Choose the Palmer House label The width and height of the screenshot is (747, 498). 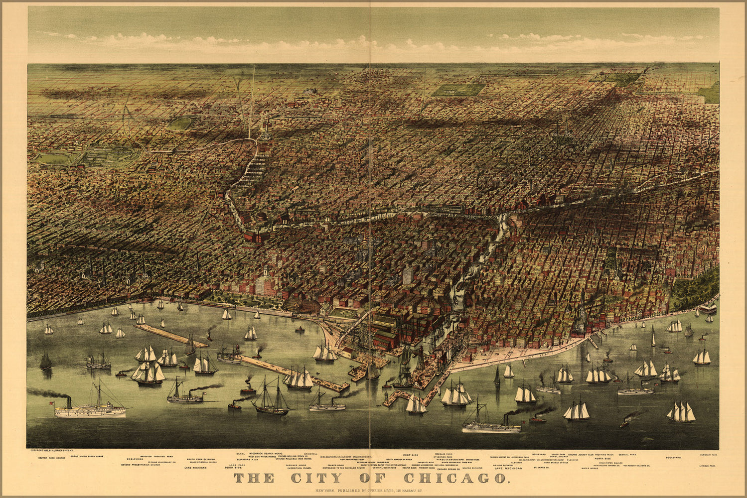pos(332,465)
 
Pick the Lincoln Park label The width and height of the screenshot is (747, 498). pos(708,466)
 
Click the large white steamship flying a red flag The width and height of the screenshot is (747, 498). pos(90,410)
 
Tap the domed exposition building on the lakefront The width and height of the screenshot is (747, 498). pos(303,304)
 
